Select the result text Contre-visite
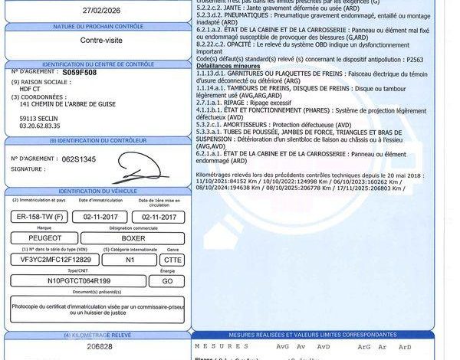click(96, 40)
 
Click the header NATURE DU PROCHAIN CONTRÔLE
click(95, 27)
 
